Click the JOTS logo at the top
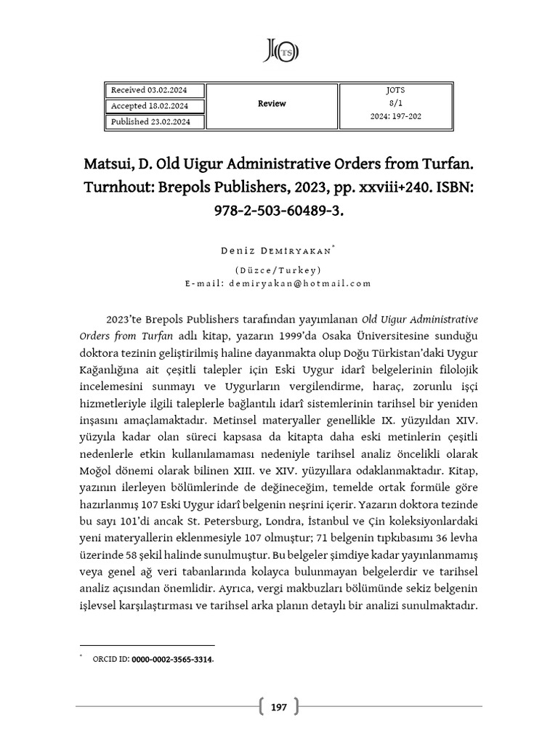pos(280,50)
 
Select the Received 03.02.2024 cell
pos(148,90)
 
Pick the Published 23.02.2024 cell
pos(150,122)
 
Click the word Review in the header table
pos(272,104)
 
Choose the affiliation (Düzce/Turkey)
pos(279,270)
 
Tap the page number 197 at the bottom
pos(279,706)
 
